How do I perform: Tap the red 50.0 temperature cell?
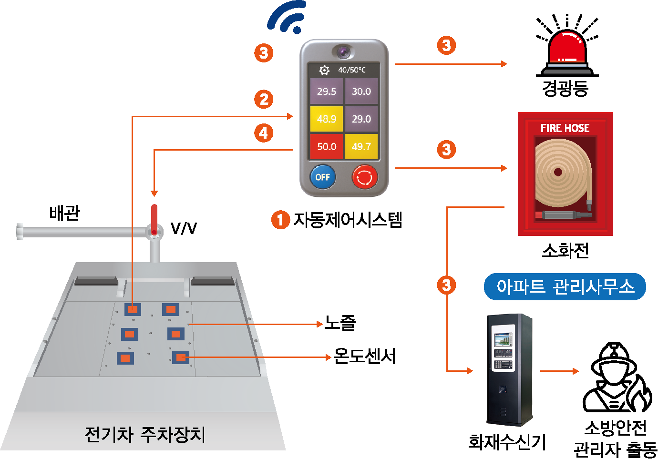pos(327,146)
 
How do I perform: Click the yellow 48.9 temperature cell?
pos(327,119)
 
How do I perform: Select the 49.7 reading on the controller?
pos(361,146)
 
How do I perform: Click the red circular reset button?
pos(365,177)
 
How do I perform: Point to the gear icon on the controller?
pos(324,70)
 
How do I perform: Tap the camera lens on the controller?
pos(343,51)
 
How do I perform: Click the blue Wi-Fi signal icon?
pos(288,17)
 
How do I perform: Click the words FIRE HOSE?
pos(565,128)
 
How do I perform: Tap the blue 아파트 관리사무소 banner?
pos(565,286)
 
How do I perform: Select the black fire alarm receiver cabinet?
pos(509,369)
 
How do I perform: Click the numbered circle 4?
pos(264,133)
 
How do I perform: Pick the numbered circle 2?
pos(264,100)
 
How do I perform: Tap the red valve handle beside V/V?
pos(154,219)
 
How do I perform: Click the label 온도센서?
pos(364,356)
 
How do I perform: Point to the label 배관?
pos(65,213)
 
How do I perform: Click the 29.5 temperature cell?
pos(327,91)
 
